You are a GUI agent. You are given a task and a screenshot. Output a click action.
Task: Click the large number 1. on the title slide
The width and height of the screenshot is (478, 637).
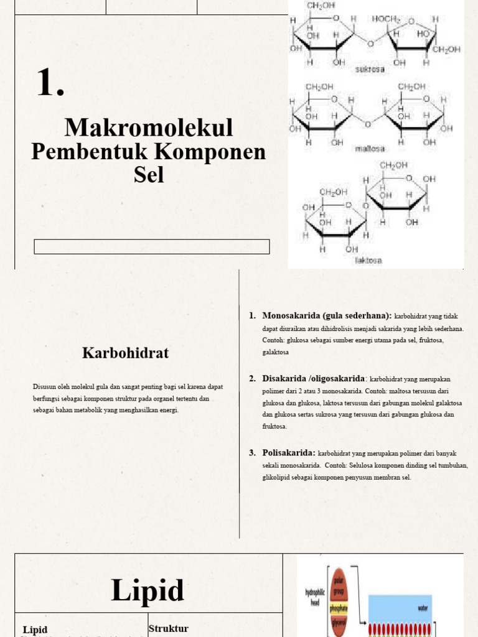click(50, 83)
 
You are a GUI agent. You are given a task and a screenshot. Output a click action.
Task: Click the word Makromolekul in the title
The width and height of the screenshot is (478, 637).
click(149, 128)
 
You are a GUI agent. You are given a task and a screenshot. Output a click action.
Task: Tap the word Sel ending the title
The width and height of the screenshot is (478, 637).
click(149, 175)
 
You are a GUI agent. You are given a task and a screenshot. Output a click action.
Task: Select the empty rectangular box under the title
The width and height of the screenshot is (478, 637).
click(151, 246)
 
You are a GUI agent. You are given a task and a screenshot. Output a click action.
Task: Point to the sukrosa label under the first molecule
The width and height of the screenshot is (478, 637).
click(370, 70)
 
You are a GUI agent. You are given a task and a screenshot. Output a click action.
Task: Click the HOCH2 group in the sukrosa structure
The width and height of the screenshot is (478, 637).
click(387, 19)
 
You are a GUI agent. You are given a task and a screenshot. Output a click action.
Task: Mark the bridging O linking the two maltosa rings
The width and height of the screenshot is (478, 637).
click(367, 124)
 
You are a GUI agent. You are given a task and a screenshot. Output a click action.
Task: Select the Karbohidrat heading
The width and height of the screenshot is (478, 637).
click(125, 353)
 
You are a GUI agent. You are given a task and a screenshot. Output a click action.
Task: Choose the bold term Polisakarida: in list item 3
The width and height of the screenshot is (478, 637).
click(289, 452)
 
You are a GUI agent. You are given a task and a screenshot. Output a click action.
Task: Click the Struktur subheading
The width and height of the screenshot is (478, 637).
click(168, 628)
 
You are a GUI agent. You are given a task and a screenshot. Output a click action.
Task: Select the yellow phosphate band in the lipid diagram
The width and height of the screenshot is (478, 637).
click(339, 608)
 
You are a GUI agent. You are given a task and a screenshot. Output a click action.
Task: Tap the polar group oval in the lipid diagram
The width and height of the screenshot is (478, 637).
click(339, 582)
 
